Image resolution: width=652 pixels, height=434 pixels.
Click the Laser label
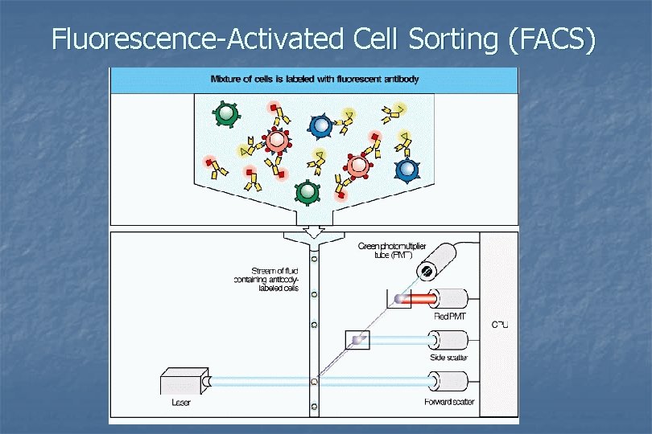181,402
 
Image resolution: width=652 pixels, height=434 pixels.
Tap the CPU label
500,325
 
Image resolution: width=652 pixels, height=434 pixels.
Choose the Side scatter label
448,358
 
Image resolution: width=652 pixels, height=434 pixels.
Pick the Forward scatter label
449,402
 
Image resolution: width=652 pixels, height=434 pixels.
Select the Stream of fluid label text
266,280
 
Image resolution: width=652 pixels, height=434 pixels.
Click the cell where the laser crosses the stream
315,380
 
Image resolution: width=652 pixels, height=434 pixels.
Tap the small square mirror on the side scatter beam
357,341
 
